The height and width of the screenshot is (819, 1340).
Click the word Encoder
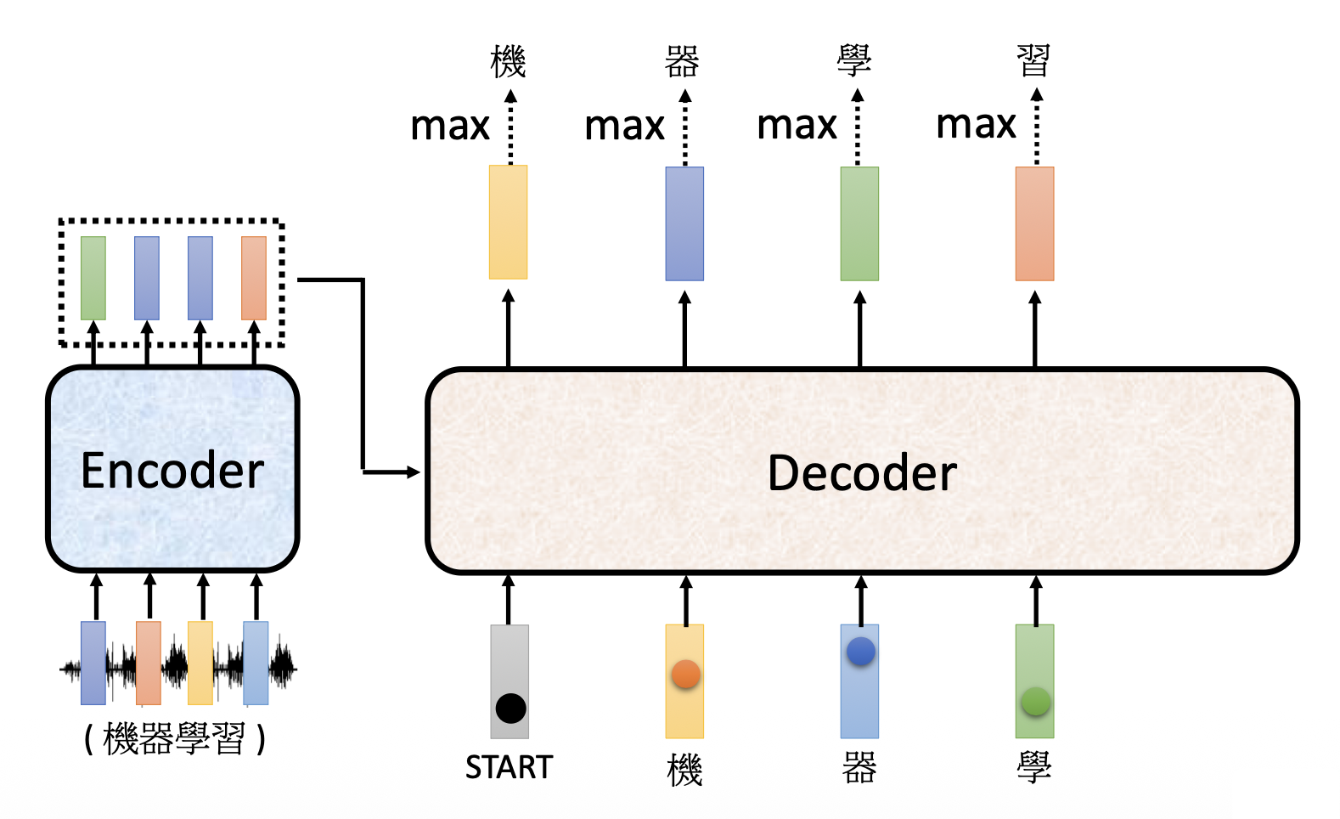coord(172,471)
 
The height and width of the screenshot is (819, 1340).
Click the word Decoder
coord(862,473)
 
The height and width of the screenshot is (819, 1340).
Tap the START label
coord(509,767)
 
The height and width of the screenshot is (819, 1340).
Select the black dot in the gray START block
coord(510,708)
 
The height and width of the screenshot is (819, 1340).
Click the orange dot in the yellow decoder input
coord(685,675)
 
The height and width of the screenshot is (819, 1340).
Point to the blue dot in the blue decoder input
coord(860,652)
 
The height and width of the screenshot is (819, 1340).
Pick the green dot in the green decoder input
coord(1035,702)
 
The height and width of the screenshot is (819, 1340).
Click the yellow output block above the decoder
coord(508,222)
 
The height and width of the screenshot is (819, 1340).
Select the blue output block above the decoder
coord(684,223)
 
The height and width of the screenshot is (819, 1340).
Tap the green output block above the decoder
coord(859,223)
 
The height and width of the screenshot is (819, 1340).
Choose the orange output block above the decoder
coord(1034,223)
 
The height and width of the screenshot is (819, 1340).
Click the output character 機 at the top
coord(509,61)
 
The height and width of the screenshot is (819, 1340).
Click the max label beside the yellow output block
coord(450,127)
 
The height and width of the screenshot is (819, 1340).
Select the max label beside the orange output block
coord(976,125)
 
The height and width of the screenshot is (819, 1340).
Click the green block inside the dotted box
coord(93,278)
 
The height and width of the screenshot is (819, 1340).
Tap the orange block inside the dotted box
coord(254,278)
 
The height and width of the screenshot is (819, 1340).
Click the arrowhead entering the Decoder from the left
coord(414,472)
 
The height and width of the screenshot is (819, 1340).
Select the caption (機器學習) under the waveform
coord(175,738)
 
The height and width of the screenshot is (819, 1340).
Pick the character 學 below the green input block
coord(1034,767)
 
